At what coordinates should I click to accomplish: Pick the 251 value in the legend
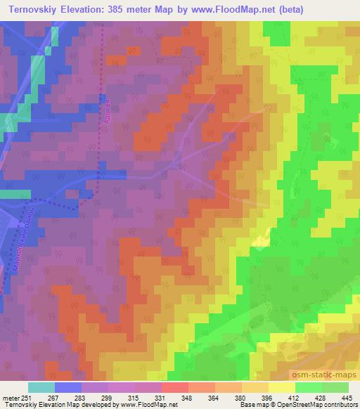click(x=27, y=397)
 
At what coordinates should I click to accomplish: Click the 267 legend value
click(x=54, y=397)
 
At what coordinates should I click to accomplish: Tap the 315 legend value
click(x=134, y=397)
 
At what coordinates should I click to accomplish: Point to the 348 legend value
click(x=188, y=397)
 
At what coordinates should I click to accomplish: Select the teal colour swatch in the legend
click(x=41, y=387)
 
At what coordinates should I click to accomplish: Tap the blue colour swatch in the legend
click(x=67, y=387)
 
